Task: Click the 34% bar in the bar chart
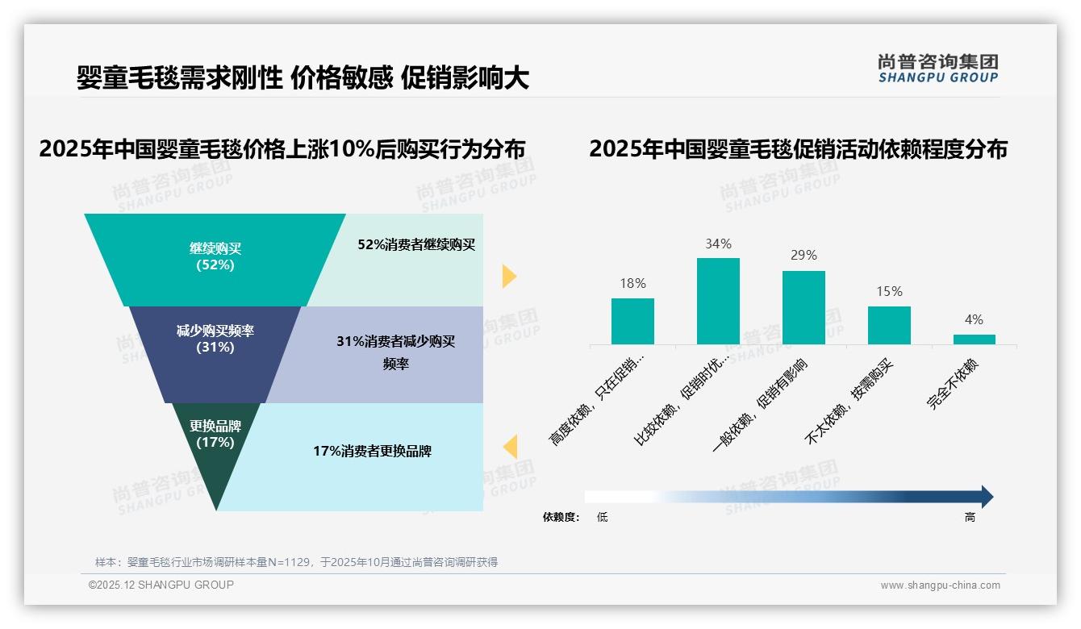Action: point(718,301)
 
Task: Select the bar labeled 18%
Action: point(632,321)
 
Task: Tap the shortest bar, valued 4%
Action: point(974,339)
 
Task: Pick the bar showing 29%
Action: point(803,307)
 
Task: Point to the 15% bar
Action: point(889,325)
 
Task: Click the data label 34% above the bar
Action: point(718,244)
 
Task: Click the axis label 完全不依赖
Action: point(953,384)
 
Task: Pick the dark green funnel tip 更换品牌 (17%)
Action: point(215,452)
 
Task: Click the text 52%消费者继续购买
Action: point(416,245)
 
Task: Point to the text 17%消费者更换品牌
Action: point(372,452)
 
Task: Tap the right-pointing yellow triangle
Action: point(508,276)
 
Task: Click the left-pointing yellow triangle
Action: point(510,446)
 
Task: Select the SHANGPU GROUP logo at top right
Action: point(937,69)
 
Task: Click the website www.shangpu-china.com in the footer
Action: point(940,585)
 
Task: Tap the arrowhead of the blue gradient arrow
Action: point(986,497)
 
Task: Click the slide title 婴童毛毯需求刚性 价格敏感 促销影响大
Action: point(303,78)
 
